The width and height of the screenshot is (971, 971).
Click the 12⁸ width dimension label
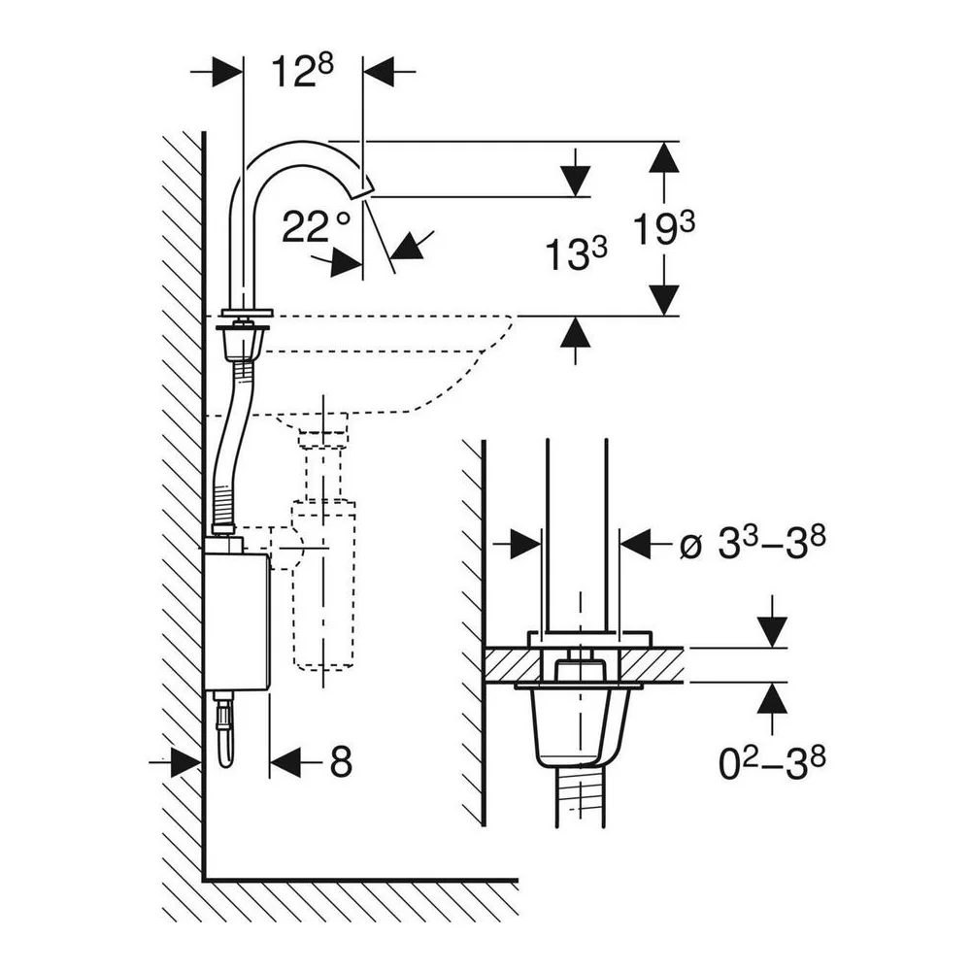[x=302, y=71]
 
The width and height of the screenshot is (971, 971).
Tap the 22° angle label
[x=316, y=226]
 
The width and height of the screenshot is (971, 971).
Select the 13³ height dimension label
[x=576, y=253]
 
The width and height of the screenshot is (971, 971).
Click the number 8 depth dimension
[x=341, y=761]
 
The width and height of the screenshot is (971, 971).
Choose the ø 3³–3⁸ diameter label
[x=753, y=545]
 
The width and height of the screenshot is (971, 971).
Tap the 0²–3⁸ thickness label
[x=772, y=763]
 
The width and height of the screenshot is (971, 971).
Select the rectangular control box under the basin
[x=237, y=621]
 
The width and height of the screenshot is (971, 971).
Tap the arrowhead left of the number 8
[x=285, y=761]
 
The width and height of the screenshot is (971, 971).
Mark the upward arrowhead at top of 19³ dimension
[x=664, y=156]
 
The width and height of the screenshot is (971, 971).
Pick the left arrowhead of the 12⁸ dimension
[x=226, y=71]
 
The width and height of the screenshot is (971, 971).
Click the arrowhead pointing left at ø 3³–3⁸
[x=635, y=545]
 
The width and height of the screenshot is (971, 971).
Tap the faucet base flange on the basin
[x=246, y=312]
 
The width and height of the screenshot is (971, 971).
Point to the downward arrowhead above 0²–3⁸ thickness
[x=772, y=632]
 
